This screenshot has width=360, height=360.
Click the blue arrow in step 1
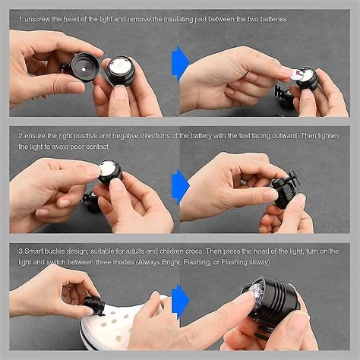click(180, 62)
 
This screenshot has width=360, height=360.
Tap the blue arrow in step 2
click(180, 185)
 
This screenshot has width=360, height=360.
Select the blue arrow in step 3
click(180, 298)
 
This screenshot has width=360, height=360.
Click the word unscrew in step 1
click(40, 17)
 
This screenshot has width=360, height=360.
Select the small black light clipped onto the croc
click(95, 305)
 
